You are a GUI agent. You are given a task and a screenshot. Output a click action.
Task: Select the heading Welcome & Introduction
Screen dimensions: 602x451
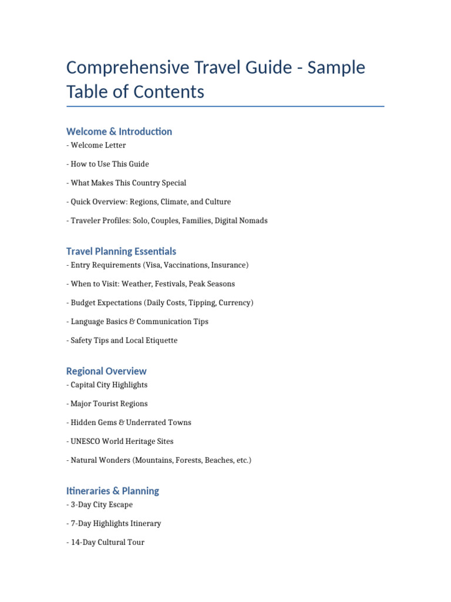(119, 132)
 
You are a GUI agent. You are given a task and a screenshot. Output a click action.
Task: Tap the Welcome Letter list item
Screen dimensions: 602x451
(98, 145)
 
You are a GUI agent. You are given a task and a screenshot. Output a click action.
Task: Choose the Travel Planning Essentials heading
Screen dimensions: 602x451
(121, 252)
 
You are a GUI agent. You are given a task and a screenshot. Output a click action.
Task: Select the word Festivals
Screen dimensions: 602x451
(170, 284)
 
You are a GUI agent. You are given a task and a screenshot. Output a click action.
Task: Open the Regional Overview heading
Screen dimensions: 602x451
(106, 372)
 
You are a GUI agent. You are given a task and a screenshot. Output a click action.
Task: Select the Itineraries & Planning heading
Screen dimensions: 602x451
(113, 491)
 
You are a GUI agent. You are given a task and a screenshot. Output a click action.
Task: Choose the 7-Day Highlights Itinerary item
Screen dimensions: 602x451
(116, 524)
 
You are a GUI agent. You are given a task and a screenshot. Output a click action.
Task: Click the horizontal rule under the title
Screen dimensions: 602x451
(225, 106)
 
